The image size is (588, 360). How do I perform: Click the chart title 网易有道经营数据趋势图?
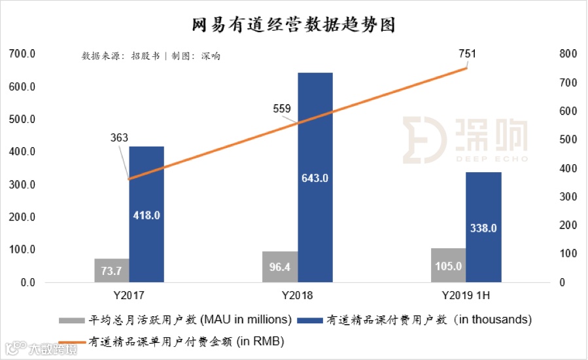(x=294, y=26)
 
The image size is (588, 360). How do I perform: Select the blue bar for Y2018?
(x=315, y=131)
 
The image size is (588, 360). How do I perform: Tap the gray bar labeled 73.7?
(x=111, y=270)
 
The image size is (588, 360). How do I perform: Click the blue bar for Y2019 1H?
(x=483, y=196)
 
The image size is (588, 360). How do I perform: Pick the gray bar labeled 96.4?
(x=281, y=266)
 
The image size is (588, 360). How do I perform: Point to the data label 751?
(x=467, y=54)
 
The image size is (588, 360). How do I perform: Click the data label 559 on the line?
(x=282, y=109)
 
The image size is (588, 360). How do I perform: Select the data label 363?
(x=119, y=138)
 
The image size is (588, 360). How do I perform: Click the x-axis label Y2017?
(x=128, y=295)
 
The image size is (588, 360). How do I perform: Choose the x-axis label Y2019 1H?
(x=465, y=295)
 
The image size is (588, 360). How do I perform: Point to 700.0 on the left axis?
(x=22, y=54)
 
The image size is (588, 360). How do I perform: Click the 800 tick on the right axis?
(x=566, y=54)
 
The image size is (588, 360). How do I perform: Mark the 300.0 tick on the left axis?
(x=22, y=185)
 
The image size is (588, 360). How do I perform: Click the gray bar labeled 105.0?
(x=448, y=265)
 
